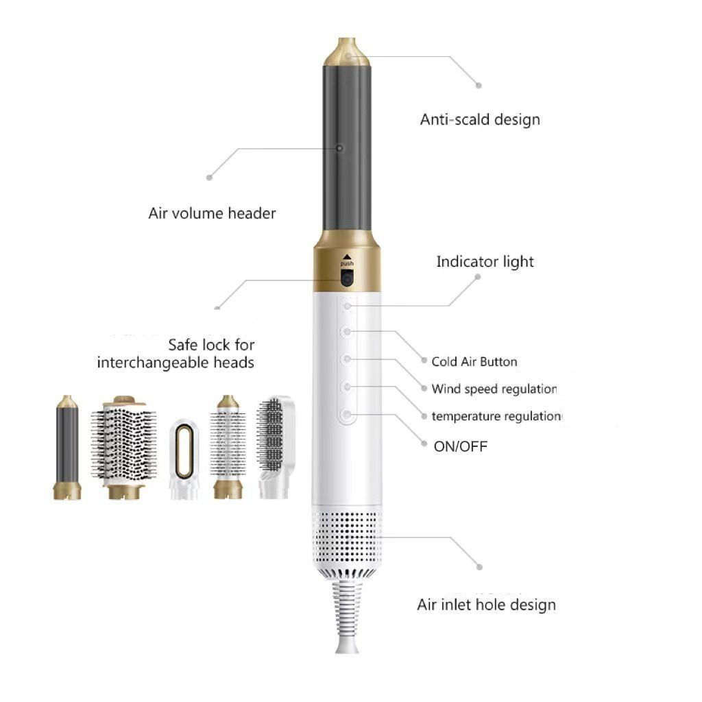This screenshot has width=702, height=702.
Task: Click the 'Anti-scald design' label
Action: pos(480,119)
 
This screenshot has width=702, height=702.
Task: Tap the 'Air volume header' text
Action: pos(212,213)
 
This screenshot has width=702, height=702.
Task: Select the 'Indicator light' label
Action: pos(485,261)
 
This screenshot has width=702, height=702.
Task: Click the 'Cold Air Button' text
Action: pos(474,361)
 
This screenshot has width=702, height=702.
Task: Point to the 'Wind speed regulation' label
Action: pos(494,389)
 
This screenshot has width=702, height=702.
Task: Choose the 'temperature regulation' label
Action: pos(497,416)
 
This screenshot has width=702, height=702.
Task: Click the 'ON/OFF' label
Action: pos(461,446)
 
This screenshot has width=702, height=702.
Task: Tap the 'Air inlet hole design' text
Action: pos(486,605)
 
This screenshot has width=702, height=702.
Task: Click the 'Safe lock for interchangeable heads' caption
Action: pos(176,353)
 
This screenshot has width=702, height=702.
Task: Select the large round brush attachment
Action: pos(124,446)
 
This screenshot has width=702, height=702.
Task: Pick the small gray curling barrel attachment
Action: pos(67,446)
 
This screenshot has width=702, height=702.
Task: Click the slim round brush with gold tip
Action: pos(228,446)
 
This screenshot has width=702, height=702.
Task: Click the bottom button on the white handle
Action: pos(348,415)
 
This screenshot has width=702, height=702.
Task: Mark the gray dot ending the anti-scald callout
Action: pos(479,86)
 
